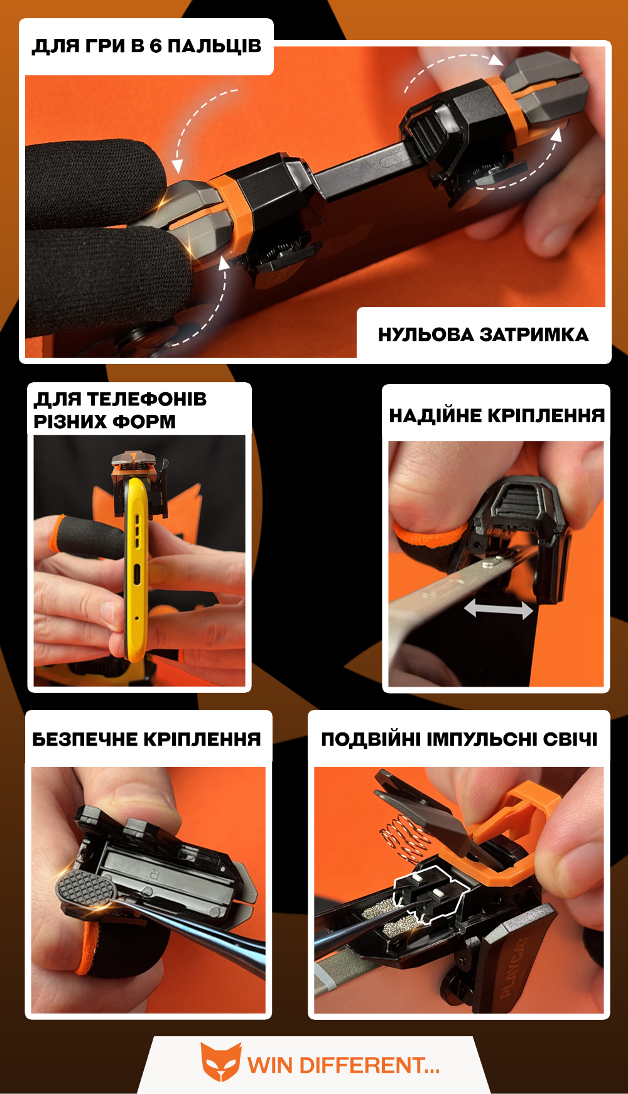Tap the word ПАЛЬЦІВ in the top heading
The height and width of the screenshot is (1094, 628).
click(x=214, y=46)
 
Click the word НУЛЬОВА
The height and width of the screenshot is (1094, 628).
click(x=426, y=335)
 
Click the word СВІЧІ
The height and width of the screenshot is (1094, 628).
click(x=570, y=739)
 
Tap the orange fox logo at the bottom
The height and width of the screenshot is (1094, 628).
click(x=220, y=1062)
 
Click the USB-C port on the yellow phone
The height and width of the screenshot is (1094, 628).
click(x=136, y=573)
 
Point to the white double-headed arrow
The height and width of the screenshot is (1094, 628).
click(x=499, y=608)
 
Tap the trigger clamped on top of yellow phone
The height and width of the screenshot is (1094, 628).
click(x=139, y=481)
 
